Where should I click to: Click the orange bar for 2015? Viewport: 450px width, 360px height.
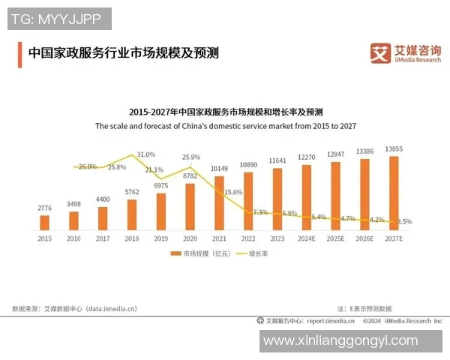[44, 222]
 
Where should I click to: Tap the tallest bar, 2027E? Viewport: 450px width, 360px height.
[394, 192]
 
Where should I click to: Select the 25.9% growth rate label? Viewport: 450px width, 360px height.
[191, 157]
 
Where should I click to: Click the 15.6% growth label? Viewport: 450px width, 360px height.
[233, 192]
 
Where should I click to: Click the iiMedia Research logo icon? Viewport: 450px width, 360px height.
[379, 52]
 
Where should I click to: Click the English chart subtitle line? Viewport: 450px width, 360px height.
[225, 127]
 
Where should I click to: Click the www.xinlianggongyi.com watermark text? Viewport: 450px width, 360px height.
[340, 340]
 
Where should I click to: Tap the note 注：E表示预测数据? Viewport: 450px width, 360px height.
[365, 308]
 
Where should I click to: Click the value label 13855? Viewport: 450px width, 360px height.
[394, 149]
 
